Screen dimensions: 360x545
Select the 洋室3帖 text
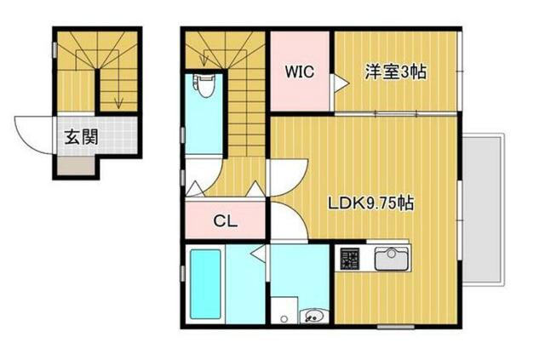[396, 72]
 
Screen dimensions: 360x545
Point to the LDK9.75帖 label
[372, 204]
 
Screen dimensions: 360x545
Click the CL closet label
[225, 222]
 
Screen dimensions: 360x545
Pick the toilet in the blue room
[204, 86]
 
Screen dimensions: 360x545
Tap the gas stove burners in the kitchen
[350, 258]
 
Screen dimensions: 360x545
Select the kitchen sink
[393, 257]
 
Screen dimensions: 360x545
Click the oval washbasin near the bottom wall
[312, 317]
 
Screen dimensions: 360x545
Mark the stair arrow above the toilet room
[206, 57]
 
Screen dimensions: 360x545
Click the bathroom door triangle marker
[256, 253]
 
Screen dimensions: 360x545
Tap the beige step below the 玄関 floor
[79, 163]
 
